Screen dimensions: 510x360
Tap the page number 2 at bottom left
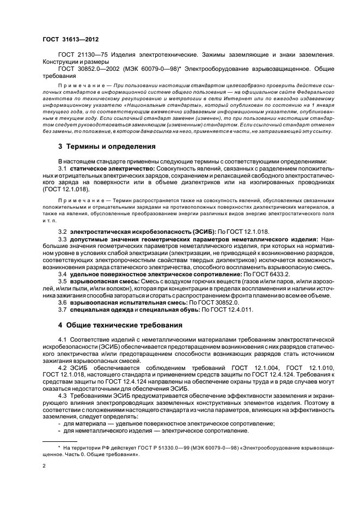[x=45, y=466]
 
